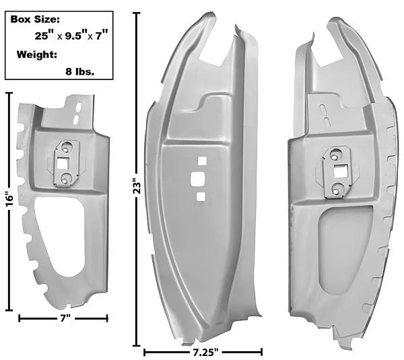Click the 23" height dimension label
click(138, 186)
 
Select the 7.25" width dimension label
click(205, 352)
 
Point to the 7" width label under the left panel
click(65, 318)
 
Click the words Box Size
click(35, 20)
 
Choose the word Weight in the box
click(37, 55)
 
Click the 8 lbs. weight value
click(80, 71)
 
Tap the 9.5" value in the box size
click(75, 36)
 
